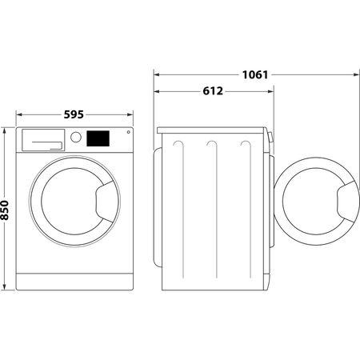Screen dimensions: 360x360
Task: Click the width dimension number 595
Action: point(74,114)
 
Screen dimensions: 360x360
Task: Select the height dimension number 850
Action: point(6,210)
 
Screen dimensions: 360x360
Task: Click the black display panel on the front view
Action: point(98,138)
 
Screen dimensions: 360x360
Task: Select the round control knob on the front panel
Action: point(76,137)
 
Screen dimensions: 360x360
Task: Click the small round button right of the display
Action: point(128,134)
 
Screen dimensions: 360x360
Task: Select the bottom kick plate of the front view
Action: point(74,281)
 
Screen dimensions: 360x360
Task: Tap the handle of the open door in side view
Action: point(348,199)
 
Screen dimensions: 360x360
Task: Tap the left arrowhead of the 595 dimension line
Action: point(19,114)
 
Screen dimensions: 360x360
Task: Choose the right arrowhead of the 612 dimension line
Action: point(270,92)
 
